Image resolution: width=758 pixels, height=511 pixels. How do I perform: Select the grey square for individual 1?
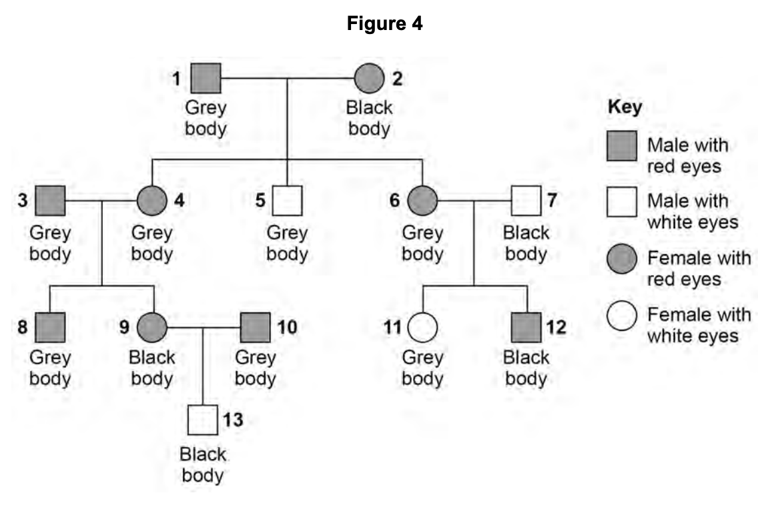(207, 79)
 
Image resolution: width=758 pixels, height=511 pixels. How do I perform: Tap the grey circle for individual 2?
(369, 79)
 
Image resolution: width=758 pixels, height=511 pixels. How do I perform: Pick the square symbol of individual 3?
(51, 200)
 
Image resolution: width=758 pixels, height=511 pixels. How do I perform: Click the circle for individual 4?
(152, 200)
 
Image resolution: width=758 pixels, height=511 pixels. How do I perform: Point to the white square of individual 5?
(287, 200)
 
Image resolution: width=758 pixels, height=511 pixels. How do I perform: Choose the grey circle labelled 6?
(422, 200)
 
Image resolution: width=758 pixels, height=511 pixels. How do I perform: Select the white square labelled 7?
(526, 200)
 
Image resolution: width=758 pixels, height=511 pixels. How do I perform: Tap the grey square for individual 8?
(51, 327)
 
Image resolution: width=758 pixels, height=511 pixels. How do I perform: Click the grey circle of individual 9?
(152, 327)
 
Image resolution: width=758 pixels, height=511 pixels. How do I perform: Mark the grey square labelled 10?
(256, 327)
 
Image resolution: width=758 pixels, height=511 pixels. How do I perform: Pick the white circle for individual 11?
(422, 327)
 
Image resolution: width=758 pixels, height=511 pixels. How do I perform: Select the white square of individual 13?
(202, 420)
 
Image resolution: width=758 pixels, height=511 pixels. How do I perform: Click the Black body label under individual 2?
(369, 117)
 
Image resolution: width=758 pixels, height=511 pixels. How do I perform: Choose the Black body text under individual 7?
(526, 243)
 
